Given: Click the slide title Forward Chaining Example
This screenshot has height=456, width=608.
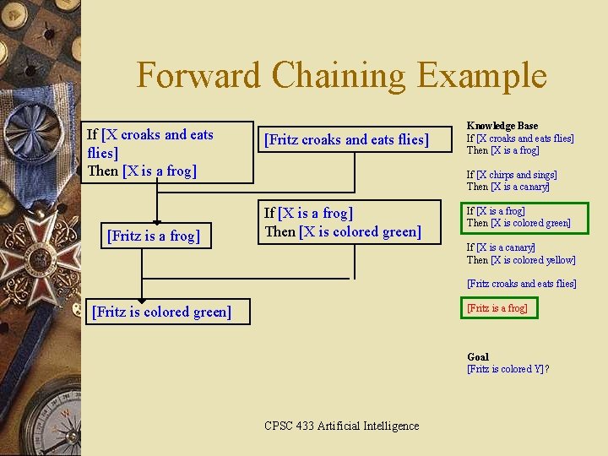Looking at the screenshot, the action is [341, 75].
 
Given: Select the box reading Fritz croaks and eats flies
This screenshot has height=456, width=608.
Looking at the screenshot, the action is [346, 139].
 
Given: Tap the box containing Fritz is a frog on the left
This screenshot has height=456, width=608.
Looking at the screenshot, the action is [154, 236].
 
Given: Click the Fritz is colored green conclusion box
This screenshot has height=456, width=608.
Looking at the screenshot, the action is [160, 312].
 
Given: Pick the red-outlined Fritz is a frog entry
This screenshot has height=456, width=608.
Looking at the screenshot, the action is [497, 308].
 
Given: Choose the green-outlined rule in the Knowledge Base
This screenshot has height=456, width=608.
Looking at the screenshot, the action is [518, 217].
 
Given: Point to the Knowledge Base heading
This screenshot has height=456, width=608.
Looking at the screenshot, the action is [502, 126].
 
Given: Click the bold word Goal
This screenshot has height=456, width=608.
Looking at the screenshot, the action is [477, 357].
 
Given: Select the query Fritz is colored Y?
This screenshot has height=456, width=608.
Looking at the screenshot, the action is [508, 369].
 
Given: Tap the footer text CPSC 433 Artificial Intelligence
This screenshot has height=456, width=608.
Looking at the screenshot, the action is [341, 426].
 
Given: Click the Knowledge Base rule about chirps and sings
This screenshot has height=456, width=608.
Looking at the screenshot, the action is [512, 181].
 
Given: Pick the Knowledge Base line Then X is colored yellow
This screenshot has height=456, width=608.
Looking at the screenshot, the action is [521, 260].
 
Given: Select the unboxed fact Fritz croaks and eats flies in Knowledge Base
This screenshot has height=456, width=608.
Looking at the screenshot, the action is [521, 284].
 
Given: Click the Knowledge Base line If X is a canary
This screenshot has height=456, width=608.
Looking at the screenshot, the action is [501, 247].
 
